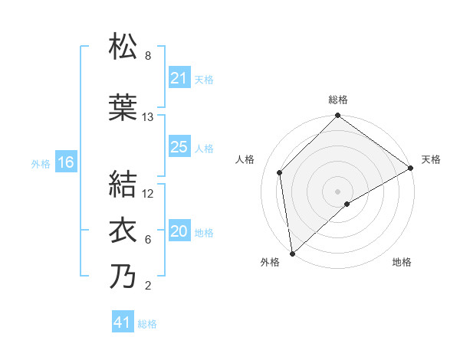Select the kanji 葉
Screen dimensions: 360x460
[x=123, y=108]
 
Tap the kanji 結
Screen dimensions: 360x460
[x=123, y=185]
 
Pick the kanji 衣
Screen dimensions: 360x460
[x=123, y=231]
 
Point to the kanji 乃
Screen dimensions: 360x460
[x=123, y=277]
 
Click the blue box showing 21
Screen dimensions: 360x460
[x=179, y=78]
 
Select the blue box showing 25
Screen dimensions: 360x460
[x=179, y=147]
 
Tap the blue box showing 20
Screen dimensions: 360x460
[x=179, y=231]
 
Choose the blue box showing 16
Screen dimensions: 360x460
[x=65, y=162]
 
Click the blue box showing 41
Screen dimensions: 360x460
[x=123, y=322]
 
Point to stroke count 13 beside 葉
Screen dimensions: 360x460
[x=148, y=117]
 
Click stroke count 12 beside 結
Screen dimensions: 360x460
[x=148, y=194]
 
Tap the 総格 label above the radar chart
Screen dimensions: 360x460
[x=337, y=100]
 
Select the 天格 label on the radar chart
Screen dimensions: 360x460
[x=431, y=159]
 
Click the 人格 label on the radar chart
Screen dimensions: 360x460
[x=245, y=159]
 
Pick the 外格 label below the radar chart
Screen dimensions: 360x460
[x=270, y=263]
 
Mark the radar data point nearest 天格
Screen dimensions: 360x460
[x=411, y=168]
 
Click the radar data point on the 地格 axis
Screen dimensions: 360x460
[x=347, y=204]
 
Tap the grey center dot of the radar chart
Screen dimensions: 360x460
[x=337, y=190]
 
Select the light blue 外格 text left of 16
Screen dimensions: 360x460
[x=40, y=163]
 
